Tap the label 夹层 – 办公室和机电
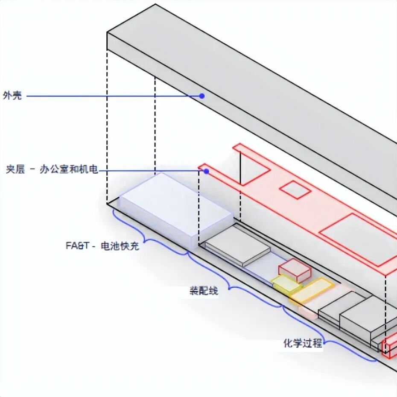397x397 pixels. [x=52, y=170]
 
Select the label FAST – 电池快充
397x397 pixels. [x=102, y=246]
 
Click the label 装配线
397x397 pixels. [x=204, y=291]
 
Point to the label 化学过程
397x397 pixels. [x=303, y=343]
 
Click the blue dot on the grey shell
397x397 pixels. [x=202, y=96]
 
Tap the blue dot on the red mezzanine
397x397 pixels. [x=206, y=171]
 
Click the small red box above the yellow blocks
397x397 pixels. [x=294, y=269]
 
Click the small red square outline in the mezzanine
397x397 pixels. [x=295, y=189]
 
